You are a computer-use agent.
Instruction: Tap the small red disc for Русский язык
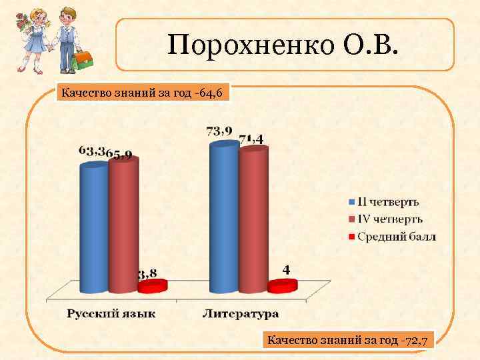151,286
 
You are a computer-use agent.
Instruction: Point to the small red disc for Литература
282,285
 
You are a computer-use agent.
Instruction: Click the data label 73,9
219,131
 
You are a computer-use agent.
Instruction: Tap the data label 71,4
251,139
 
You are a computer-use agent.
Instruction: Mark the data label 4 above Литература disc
286,269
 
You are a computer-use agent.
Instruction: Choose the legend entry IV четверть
389,219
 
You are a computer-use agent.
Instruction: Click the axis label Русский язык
111,313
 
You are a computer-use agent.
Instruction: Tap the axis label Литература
241,313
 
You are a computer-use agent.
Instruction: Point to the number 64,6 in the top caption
215,92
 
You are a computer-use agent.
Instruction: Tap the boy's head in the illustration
66,15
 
